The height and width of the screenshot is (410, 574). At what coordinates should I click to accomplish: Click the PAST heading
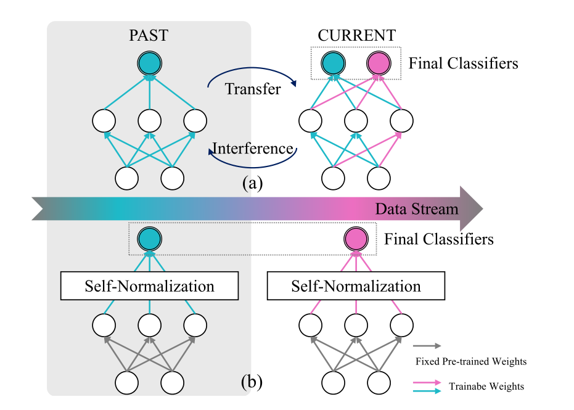pyautogui.click(x=149, y=35)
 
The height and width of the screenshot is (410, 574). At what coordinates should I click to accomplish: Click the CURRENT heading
pyautogui.click(x=357, y=35)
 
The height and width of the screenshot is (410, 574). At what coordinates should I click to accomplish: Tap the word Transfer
pyautogui.click(x=253, y=89)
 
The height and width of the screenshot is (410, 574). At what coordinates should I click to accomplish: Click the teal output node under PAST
pyautogui.click(x=149, y=63)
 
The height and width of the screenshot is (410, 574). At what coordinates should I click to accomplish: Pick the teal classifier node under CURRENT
pyautogui.click(x=333, y=63)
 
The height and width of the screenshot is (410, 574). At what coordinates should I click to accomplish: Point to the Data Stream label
pyautogui.click(x=417, y=209)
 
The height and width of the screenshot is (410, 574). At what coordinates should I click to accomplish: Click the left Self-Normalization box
pyautogui.click(x=149, y=286)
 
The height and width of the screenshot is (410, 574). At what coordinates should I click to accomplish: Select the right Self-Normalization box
pyautogui.click(x=356, y=286)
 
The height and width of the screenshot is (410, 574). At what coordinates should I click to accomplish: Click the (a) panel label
pyautogui.click(x=252, y=183)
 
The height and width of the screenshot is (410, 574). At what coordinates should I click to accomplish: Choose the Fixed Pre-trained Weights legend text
pyautogui.click(x=471, y=361)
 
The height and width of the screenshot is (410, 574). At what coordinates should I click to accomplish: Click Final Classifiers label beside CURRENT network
pyautogui.click(x=463, y=63)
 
